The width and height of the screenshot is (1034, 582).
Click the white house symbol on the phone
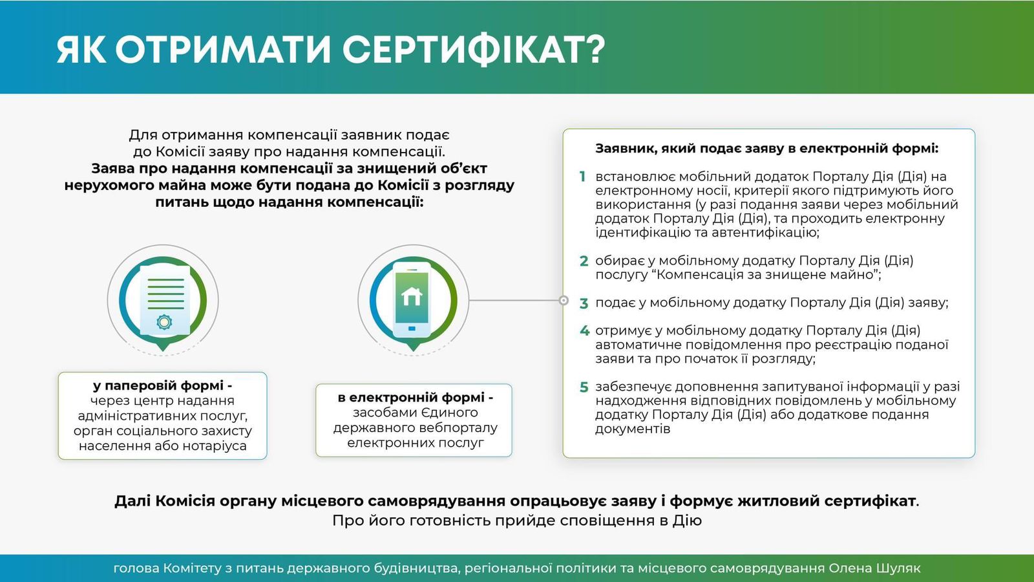(412, 297)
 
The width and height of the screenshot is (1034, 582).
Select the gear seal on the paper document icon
(164, 321)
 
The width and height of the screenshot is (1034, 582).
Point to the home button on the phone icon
(412, 329)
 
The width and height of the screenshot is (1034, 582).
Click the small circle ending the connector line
(564, 300)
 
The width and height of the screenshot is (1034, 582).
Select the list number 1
(582, 177)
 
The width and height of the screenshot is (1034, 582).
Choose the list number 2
(584, 261)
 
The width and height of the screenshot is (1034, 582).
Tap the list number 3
(584, 303)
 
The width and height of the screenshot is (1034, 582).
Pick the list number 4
(584, 331)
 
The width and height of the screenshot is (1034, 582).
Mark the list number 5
(584, 387)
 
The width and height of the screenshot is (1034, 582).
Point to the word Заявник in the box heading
(624, 148)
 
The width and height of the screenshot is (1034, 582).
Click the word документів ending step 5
(632, 429)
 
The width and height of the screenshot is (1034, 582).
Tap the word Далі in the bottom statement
(132, 501)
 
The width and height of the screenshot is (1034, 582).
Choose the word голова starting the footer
(136, 568)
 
